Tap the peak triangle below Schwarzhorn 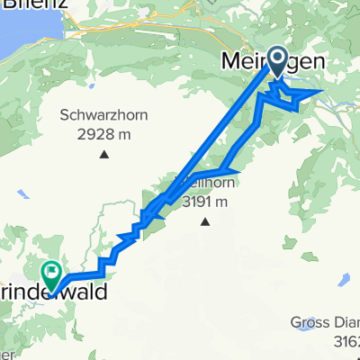[104, 154]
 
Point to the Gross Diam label [325, 323]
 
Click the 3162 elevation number [346, 341]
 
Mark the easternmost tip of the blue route [322, 92]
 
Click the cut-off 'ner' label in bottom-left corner [7, 353]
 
